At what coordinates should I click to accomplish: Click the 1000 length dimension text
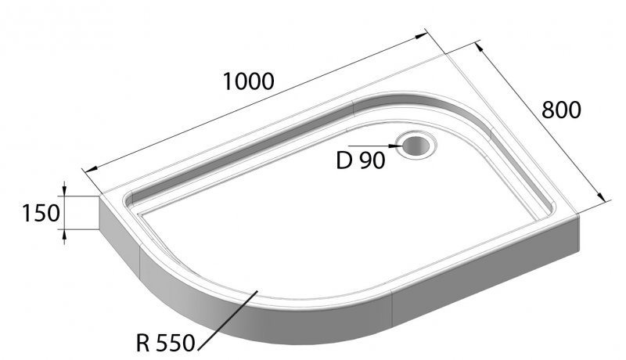tap(249, 81)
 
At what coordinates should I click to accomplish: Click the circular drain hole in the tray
tap(415, 145)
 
